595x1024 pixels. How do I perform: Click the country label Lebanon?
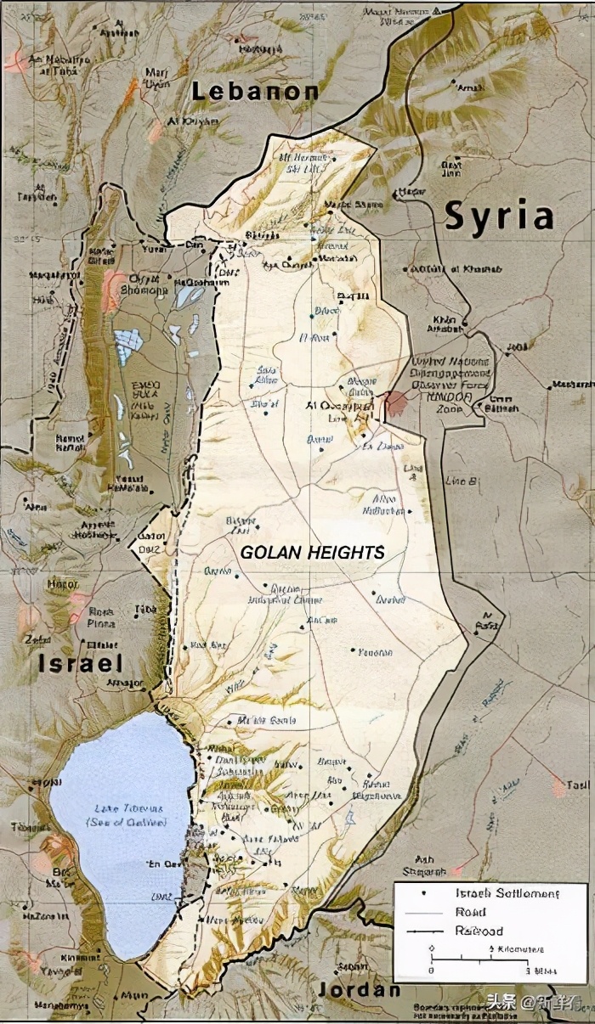255,92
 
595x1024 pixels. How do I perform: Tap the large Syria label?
499,216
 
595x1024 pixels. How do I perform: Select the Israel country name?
81,663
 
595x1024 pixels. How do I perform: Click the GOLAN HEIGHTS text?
312,552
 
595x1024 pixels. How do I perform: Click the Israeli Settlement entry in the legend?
507,894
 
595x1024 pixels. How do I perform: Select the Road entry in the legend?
470,912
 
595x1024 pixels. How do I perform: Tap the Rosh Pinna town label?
101,616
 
